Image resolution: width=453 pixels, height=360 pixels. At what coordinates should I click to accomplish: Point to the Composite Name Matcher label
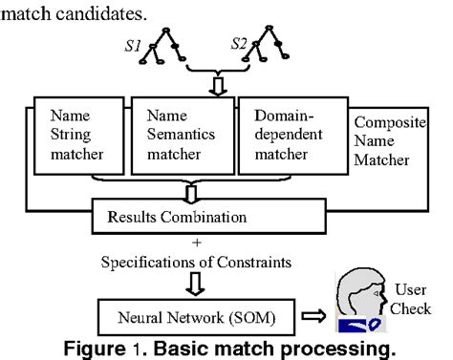coord(387,141)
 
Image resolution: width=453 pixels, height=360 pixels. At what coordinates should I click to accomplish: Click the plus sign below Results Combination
coord(196,244)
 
